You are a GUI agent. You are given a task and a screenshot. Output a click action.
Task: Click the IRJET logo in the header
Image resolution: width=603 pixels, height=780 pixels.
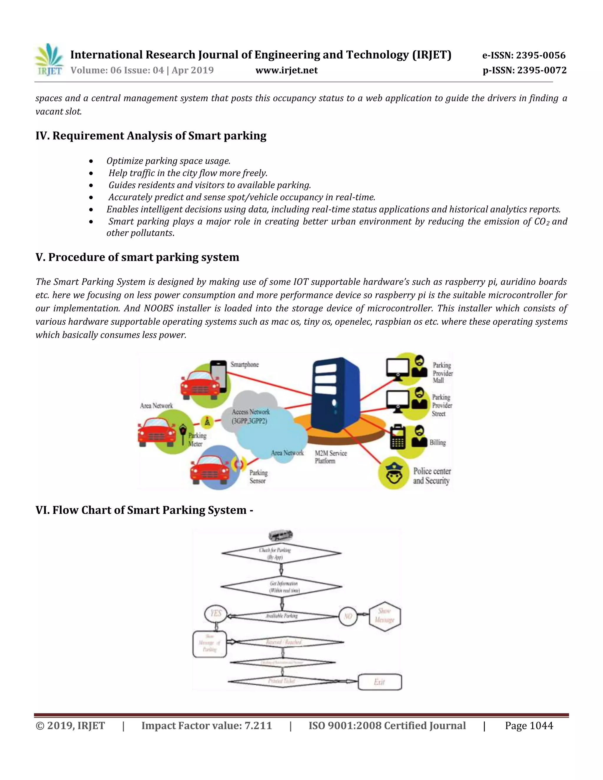(x=49, y=60)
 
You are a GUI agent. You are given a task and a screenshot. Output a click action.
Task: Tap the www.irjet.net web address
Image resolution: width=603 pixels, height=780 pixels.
(x=286, y=70)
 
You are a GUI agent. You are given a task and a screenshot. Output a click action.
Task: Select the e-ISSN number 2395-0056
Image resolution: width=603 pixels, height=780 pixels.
(x=541, y=55)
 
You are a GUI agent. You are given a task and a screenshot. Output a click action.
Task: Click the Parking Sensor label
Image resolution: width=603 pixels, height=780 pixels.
(x=258, y=477)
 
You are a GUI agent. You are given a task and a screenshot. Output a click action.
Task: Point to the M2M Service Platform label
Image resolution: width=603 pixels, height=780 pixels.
(x=330, y=457)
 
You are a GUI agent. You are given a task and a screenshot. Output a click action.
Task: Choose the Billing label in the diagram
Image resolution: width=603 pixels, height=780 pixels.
(x=438, y=442)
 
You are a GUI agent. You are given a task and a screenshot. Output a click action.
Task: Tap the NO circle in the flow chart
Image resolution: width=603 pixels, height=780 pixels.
(x=348, y=616)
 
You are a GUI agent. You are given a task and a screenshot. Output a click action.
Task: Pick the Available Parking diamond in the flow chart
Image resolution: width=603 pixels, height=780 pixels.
(x=282, y=616)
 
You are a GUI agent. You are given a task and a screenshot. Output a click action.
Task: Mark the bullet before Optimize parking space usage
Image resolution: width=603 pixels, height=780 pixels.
(x=92, y=161)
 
